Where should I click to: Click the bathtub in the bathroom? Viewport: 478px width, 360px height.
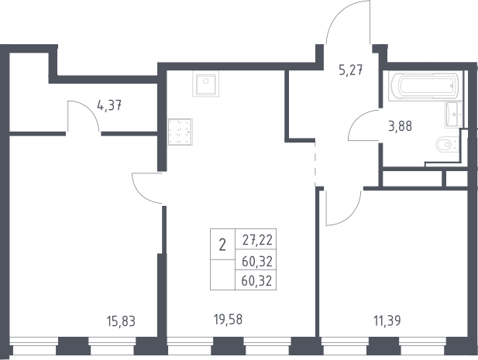coord(425,86)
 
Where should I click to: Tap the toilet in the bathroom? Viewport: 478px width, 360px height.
coord(448,145)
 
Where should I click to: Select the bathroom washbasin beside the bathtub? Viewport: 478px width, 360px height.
coord(454,115)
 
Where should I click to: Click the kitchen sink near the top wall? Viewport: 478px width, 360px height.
coord(205,84)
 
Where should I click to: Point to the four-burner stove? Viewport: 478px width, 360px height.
coord(180,132)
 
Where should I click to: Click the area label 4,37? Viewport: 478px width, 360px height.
coord(109,106)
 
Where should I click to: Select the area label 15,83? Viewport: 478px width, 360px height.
coord(121,321)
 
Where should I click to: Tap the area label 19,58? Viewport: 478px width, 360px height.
coord(228,320)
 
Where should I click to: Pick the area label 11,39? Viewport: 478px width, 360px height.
coord(387,321)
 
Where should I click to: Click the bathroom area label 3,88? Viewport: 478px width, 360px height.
coord(400,125)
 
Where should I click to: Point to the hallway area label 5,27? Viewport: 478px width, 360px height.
coord(351,70)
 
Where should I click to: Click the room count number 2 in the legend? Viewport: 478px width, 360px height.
coord(222,245)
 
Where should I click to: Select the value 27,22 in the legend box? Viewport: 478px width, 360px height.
coord(257,240)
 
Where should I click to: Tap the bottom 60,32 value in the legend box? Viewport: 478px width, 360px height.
coord(256,280)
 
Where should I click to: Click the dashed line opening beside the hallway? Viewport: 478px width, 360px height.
coord(315,163)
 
